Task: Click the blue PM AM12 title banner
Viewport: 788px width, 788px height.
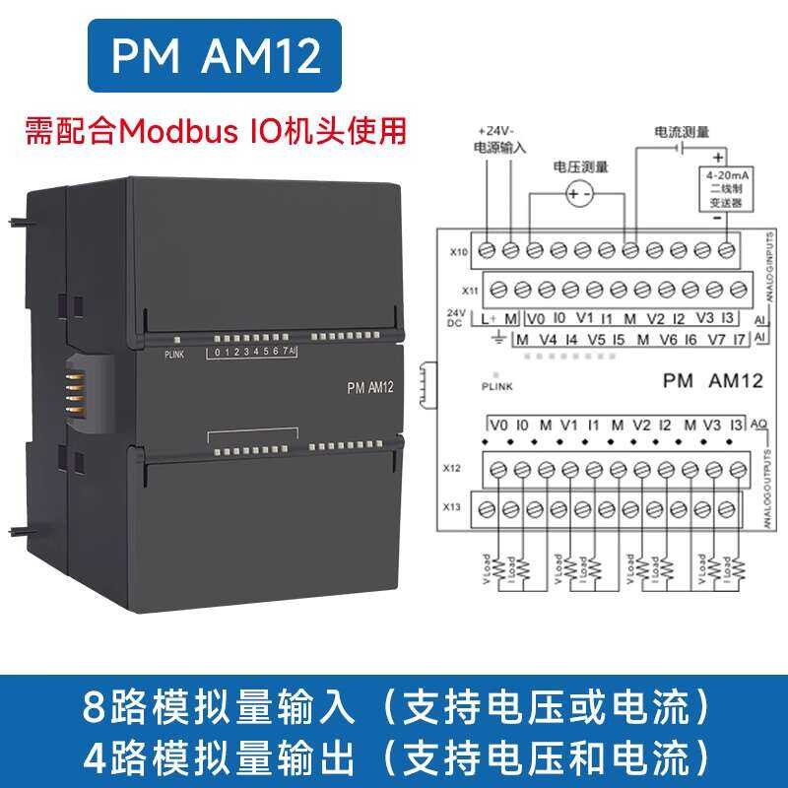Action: click(x=217, y=57)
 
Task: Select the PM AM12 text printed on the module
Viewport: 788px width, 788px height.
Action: click(x=370, y=387)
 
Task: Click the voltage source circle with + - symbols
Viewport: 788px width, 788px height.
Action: click(x=576, y=196)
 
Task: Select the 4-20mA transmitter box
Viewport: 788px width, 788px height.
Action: click(x=718, y=187)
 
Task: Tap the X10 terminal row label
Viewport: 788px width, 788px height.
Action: click(x=459, y=251)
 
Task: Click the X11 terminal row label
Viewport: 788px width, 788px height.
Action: click(x=470, y=291)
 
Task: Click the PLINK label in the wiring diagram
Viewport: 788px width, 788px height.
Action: click(x=497, y=388)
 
